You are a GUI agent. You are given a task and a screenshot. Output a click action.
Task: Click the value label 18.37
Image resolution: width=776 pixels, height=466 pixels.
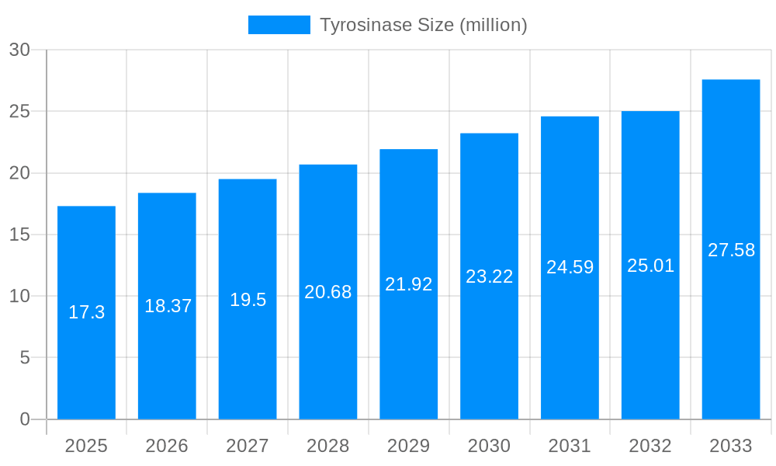pos(168,306)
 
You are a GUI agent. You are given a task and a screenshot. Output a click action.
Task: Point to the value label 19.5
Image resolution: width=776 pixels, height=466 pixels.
pos(248,300)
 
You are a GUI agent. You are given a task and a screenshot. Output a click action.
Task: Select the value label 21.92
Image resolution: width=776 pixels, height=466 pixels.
pos(409,284)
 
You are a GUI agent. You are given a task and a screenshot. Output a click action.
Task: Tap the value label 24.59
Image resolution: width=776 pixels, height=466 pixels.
pos(570,267)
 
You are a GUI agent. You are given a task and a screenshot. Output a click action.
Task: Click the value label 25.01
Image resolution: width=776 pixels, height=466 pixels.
pos(650,266)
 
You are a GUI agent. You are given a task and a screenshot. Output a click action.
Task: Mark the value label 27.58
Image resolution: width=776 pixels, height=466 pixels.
pos(731,250)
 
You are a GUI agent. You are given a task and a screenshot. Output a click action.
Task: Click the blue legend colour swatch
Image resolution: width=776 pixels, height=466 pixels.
pos(279,25)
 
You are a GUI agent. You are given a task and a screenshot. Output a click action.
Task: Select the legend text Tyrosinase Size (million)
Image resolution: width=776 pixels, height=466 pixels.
pos(424,25)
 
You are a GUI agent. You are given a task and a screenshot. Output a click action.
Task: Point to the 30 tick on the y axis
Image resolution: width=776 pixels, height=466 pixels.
pos(19,50)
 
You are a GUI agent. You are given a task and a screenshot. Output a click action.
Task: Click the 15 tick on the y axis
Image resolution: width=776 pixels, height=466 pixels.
pos(19,235)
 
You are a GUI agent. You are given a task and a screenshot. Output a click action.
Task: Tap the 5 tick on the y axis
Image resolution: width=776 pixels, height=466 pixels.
pos(24,358)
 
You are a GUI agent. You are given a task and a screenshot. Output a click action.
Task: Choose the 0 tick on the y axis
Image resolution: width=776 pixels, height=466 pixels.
pos(24,419)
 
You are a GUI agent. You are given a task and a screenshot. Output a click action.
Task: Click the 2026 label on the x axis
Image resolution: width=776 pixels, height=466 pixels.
pos(167,446)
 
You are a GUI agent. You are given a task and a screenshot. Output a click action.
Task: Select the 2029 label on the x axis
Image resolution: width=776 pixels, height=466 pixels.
pos(409,446)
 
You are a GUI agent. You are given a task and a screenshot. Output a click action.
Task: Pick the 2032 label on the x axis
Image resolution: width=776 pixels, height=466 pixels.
pos(650,446)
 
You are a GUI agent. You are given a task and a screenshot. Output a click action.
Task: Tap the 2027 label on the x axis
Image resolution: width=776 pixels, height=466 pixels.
pos(248,446)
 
